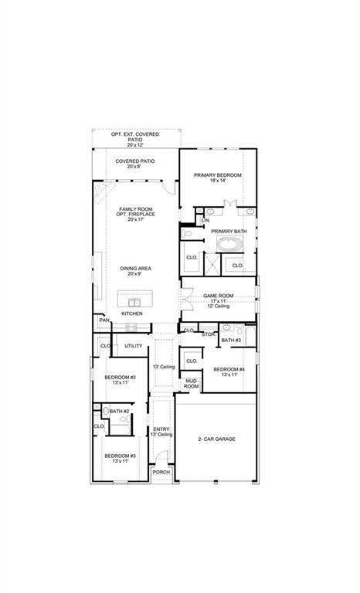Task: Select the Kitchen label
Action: pyautogui.click(x=131, y=314)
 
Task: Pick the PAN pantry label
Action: pyautogui.click(x=103, y=320)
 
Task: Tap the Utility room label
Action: pyautogui.click(x=134, y=346)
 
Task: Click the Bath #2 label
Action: pyautogui.click(x=119, y=412)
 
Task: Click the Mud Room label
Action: pyautogui.click(x=191, y=384)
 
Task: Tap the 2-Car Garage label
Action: pyautogui.click(x=216, y=439)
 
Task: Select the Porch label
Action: pyautogui.click(x=161, y=472)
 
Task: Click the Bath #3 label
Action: pyautogui.click(x=231, y=340)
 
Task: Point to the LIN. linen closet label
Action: pyautogui.click(x=205, y=221)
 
